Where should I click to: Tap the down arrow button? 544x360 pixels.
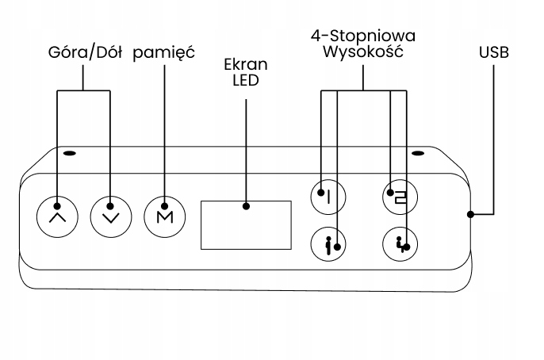click(x=109, y=215)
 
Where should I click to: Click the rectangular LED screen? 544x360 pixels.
click(x=246, y=224)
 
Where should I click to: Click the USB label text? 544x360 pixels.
click(x=494, y=53)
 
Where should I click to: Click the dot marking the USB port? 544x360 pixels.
click(x=470, y=214)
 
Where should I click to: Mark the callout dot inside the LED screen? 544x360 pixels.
click(x=246, y=206)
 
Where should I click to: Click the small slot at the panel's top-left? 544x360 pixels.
click(x=70, y=153)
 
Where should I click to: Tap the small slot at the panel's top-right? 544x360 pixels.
click(x=419, y=153)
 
